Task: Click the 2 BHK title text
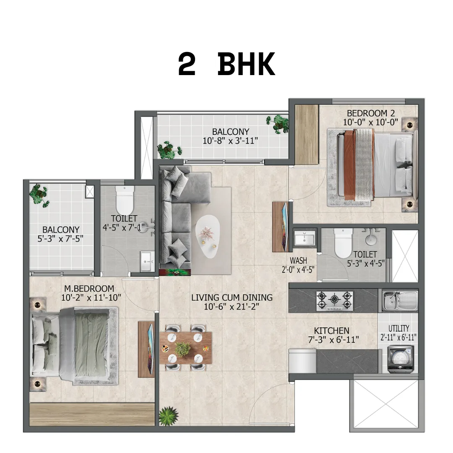tap(226, 64)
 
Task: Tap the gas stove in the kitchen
tap(335, 301)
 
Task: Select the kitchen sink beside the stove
tap(400, 301)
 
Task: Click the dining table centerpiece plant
tap(182, 349)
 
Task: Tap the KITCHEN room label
tap(332, 331)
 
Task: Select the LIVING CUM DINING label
tap(232, 297)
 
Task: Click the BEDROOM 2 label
tap(371, 113)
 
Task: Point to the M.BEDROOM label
tap(89, 288)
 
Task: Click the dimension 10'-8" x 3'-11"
tap(230, 141)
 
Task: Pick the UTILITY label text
tap(399, 328)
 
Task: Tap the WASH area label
tap(299, 260)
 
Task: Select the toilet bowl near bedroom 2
tap(343, 243)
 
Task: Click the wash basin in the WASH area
tap(305, 239)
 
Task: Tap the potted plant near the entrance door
tap(169, 416)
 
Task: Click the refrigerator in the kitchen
tap(302, 361)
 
